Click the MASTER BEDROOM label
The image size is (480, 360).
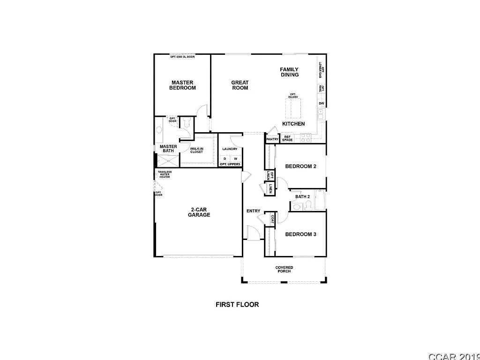pyautogui.click(x=182, y=85)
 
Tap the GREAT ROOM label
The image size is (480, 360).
pyautogui.click(x=240, y=85)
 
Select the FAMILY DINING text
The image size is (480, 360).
pyautogui.click(x=289, y=72)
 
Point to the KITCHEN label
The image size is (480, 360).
pyautogui.click(x=293, y=124)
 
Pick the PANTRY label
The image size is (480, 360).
pyautogui.click(x=272, y=139)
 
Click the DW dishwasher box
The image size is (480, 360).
pyautogui.click(x=321, y=103)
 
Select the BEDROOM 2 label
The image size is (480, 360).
pyautogui.click(x=301, y=166)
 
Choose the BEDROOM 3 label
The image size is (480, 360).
pyautogui.click(x=301, y=234)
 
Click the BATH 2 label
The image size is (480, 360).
pyautogui.click(x=302, y=197)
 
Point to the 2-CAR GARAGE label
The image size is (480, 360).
pyautogui.click(x=199, y=212)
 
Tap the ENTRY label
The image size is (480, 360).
pyautogui.click(x=253, y=211)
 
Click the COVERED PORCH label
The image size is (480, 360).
pyautogui.click(x=284, y=270)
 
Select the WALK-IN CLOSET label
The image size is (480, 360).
pyautogui.click(x=196, y=150)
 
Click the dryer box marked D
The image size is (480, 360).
pyautogui.click(x=225, y=158)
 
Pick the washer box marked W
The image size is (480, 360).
pyautogui.click(x=235, y=158)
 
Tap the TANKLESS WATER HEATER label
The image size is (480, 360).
pyautogui.click(x=165, y=174)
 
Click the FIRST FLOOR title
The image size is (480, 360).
pyautogui.click(x=237, y=304)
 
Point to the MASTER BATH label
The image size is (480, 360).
pyautogui.click(x=168, y=149)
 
